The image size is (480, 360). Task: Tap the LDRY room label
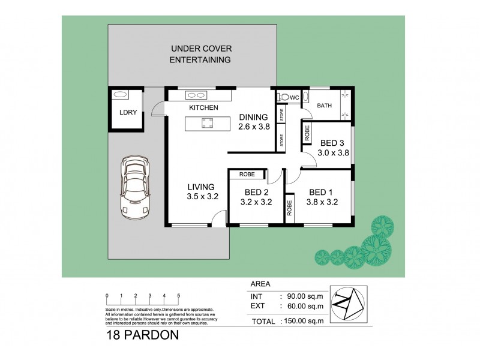pos(126,112)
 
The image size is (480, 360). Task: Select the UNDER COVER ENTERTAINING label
pos(200,54)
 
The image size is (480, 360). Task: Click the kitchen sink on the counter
pos(196,95)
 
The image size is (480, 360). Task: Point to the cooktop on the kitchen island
pos(208,124)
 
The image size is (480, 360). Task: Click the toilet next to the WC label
pos(282,97)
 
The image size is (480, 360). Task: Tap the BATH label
pos(324,106)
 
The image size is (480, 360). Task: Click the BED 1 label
pos(321,192)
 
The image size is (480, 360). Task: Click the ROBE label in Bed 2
pos(247,174)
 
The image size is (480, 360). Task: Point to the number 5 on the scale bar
pos(179,296)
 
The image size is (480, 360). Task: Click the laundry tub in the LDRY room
pos(120,94)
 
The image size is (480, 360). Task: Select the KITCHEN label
pos(203,108)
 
